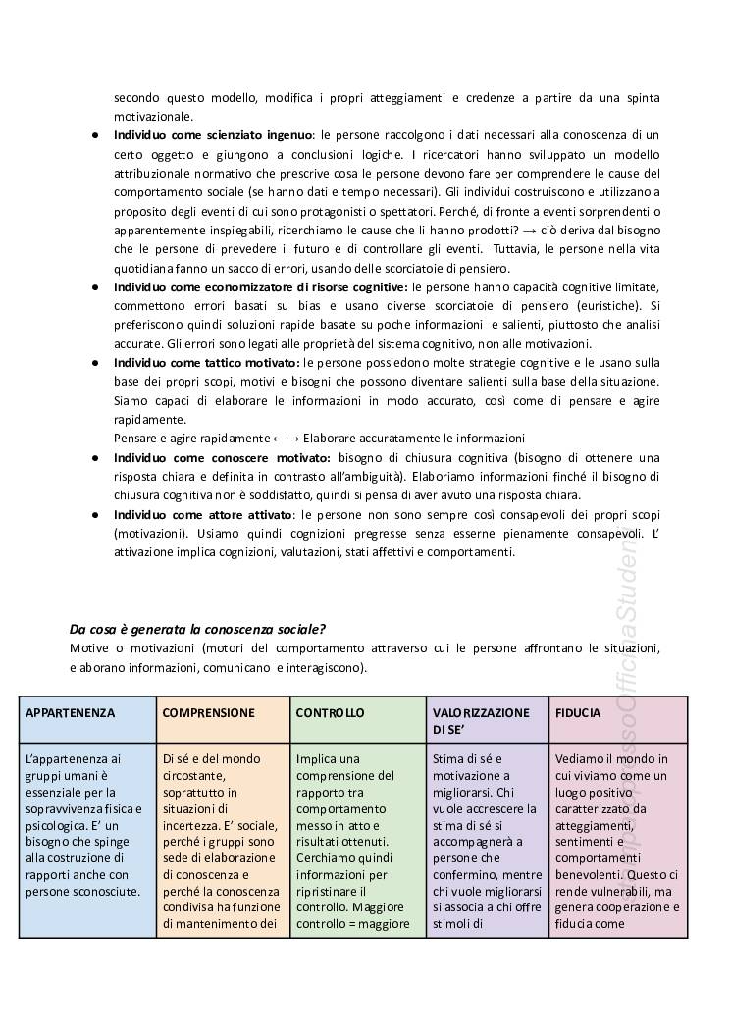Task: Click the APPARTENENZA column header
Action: pos(72,713)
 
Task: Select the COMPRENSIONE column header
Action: pos(209,713)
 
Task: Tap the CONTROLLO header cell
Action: pos(331,713)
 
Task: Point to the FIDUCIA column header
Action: pos(578,713)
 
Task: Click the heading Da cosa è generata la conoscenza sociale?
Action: pos(198,629)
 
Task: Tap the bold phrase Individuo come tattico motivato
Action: pos(207,363)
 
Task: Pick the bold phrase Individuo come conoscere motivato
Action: pos(222,458)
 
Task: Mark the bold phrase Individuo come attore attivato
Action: pos(203,514)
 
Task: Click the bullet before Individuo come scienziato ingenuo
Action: pos(94,134)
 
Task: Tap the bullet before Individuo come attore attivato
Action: pos(94,515)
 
